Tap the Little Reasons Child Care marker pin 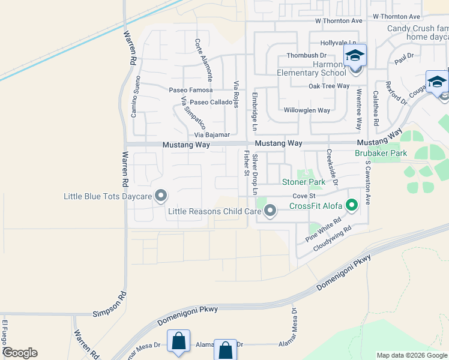270,211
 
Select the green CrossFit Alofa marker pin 352,206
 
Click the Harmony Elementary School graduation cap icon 355,57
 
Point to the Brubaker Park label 381,153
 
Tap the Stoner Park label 304,182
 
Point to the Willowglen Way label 307,110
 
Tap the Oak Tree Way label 329,86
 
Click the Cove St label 304,196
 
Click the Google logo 20,353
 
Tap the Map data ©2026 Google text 412,355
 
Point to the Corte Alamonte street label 203,60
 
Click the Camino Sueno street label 136,97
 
